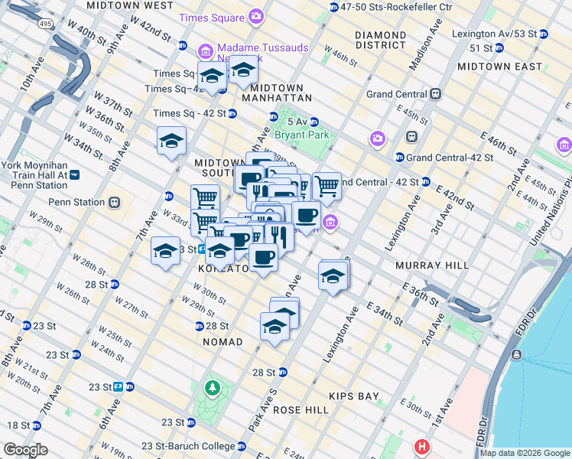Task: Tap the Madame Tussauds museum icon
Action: click(x=205, y=51)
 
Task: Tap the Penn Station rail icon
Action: click(x=114, y=203)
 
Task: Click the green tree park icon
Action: click(x=211, y=389)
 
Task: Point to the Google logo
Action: click(x=25, y=450)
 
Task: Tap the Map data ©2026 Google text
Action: click(x=524, y=453)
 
